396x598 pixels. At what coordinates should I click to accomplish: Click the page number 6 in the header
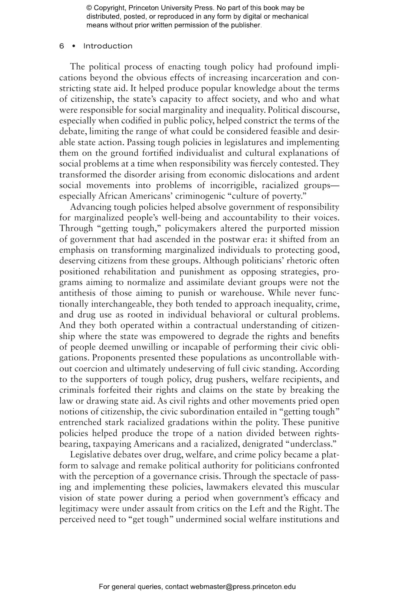(62, 46)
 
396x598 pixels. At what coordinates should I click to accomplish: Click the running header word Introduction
(108, 46)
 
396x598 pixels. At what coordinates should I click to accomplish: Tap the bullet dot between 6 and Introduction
(74, 46)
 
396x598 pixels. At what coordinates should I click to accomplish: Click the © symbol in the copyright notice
(89, 8)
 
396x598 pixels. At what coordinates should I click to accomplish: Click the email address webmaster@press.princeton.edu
(243, 587)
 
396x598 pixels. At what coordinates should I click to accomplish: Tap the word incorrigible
(233, 186)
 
